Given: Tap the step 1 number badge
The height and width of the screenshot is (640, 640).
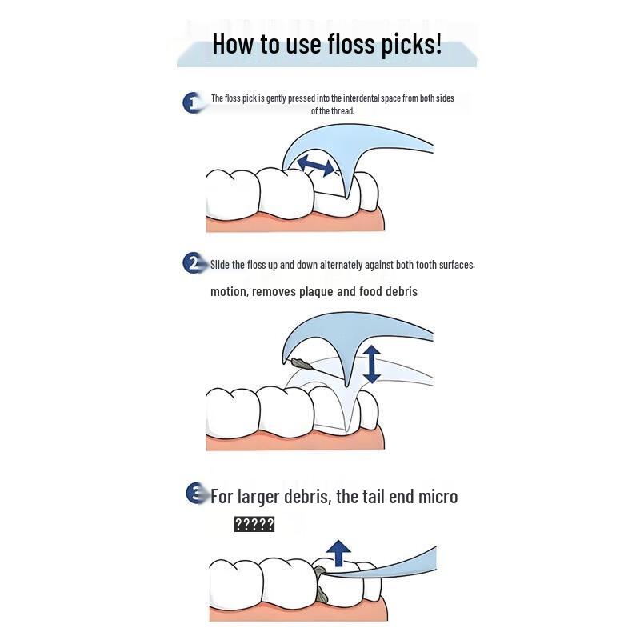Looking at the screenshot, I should click(x=192, y=102).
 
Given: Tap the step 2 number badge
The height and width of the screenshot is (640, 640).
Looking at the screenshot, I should click(x=193, y=263).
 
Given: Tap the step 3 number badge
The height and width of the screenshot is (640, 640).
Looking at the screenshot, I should click(x=195, y=493).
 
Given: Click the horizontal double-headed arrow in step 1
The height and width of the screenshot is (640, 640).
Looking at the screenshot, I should click(x=316, y=166).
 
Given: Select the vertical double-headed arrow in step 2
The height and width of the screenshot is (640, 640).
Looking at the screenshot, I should click(x=371, y=363).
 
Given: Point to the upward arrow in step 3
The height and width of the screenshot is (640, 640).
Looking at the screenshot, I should click(x=340, y=553).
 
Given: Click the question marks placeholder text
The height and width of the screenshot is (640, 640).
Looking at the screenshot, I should click(x=254, y=524).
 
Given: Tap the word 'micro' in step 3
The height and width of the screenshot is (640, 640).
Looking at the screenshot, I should click(x=438, y=496).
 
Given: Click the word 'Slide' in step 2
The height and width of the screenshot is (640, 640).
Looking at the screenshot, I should click(x=221, y=265).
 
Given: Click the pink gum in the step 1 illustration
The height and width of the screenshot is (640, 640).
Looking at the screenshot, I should click(x=296, y=223).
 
